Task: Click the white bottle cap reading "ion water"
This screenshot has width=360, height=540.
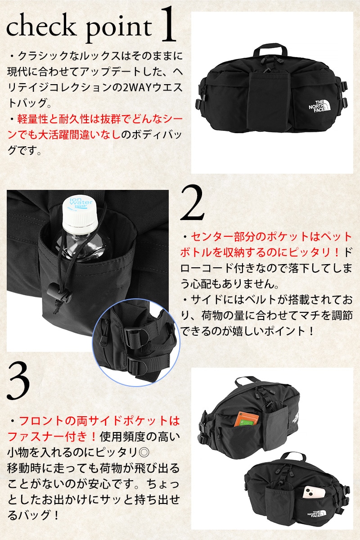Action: point(80,212)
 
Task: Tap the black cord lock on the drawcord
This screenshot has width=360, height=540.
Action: point(59,292)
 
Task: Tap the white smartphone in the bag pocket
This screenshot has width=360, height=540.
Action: point(314,492)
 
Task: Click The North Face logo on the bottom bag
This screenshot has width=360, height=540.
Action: point(316,514)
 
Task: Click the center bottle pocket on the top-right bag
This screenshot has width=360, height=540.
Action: point(269,101)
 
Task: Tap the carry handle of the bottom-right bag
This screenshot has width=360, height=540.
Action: point(292,459)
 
